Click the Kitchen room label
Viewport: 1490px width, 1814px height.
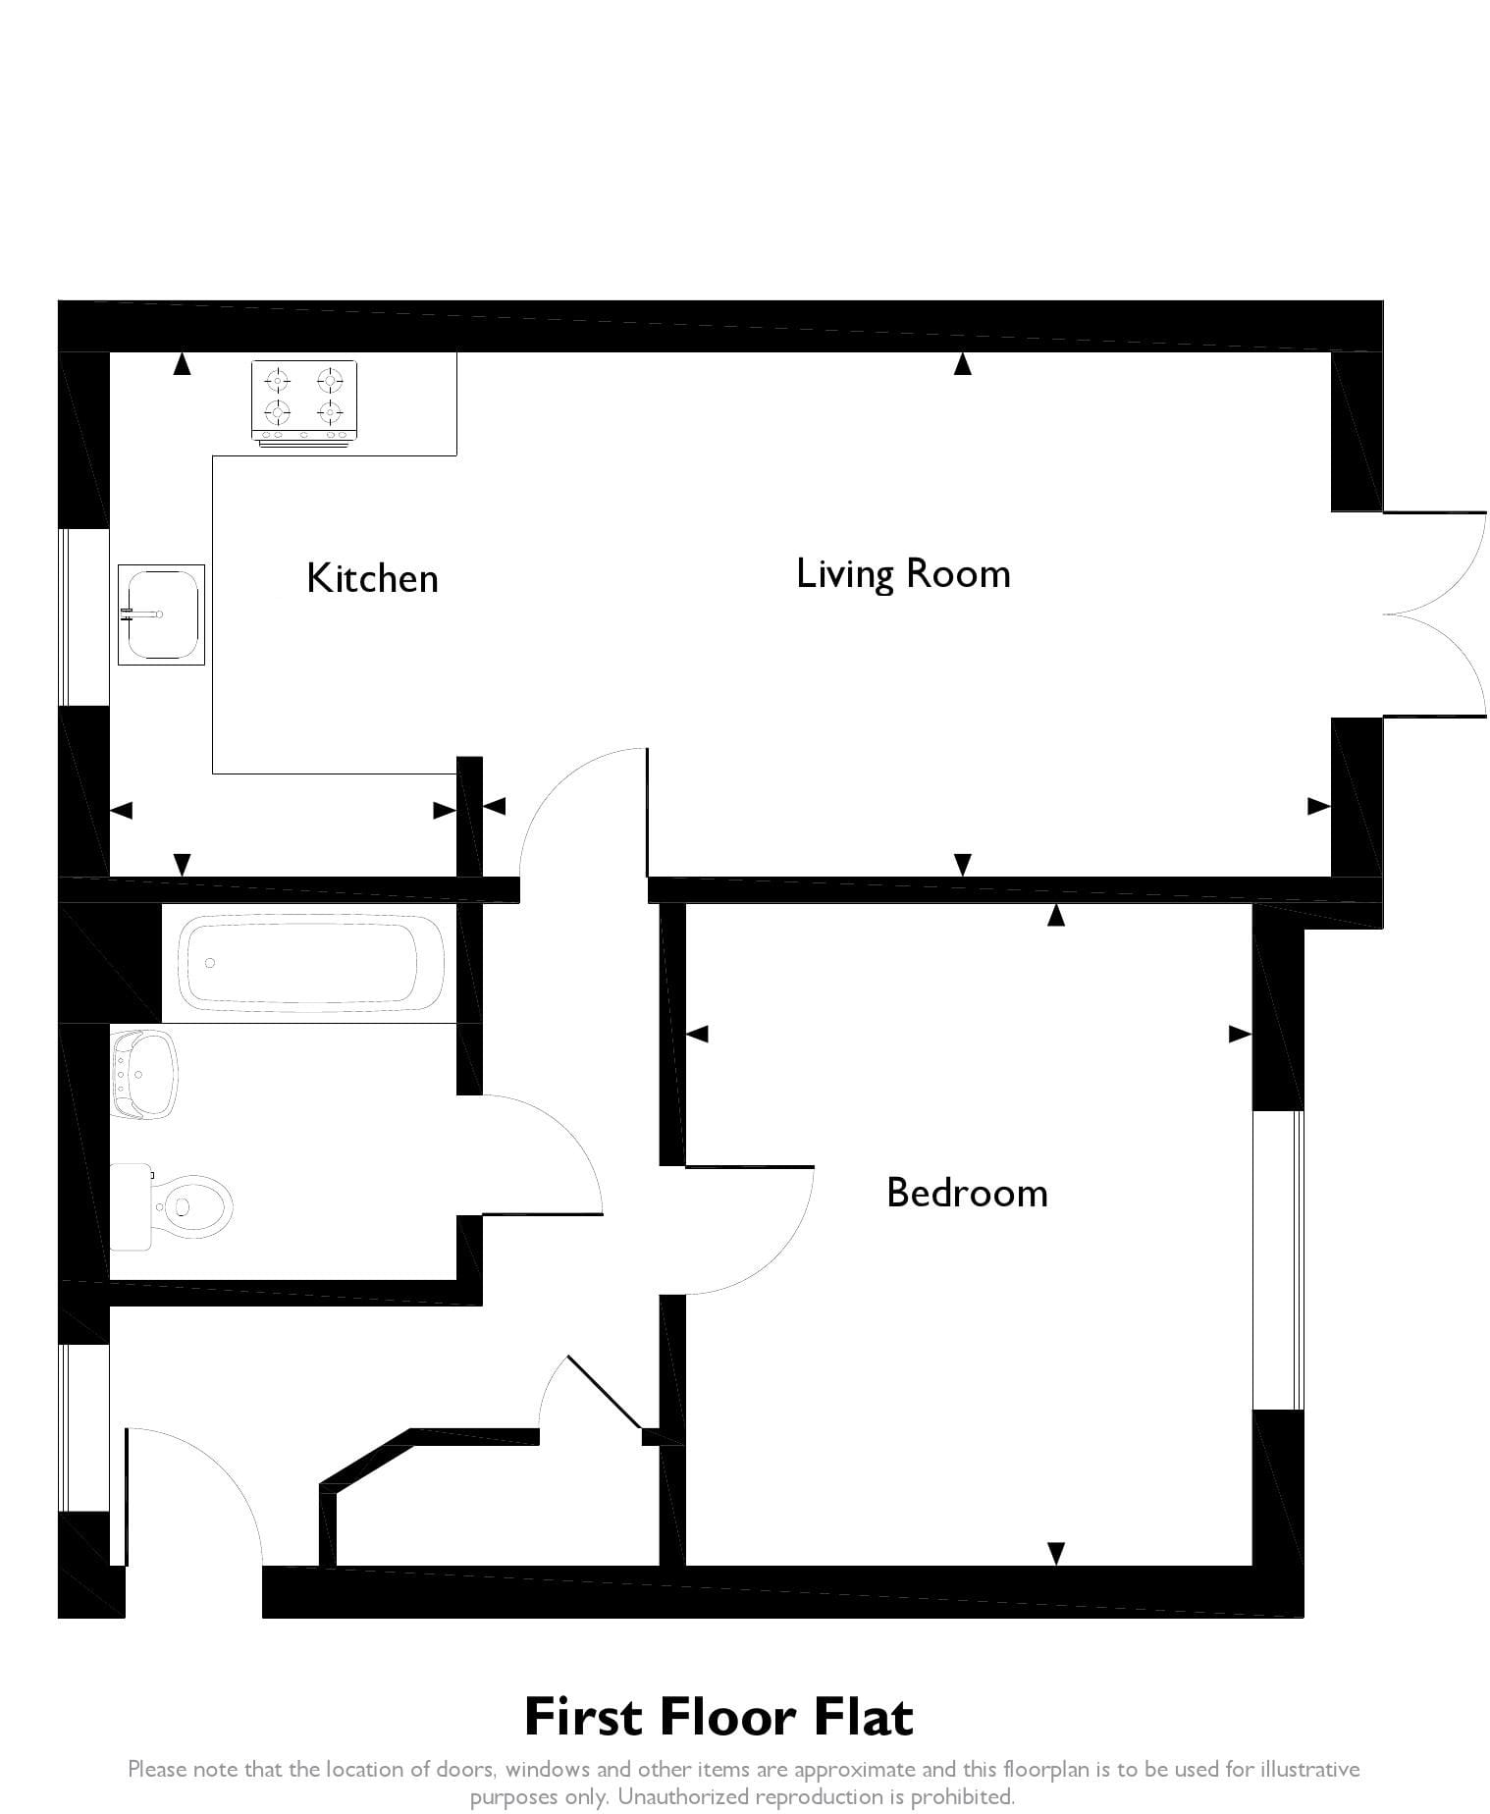372,578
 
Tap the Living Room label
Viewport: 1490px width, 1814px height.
903,574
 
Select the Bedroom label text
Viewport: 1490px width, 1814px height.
967,1193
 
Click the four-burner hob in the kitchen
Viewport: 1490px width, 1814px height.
304,402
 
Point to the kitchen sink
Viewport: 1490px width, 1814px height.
161,614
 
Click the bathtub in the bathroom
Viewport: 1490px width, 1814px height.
310,963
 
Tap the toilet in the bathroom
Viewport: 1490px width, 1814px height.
171,1205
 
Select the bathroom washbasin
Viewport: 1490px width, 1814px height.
143,1074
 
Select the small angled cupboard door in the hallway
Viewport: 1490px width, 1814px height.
602,1393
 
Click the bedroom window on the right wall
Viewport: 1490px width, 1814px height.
1278,1260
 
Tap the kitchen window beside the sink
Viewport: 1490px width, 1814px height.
84,616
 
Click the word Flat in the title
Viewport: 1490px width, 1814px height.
863,1717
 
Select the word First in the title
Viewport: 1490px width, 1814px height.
584,1717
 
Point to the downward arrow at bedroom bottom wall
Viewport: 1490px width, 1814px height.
1056,1553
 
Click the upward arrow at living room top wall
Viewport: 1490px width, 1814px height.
963,363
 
